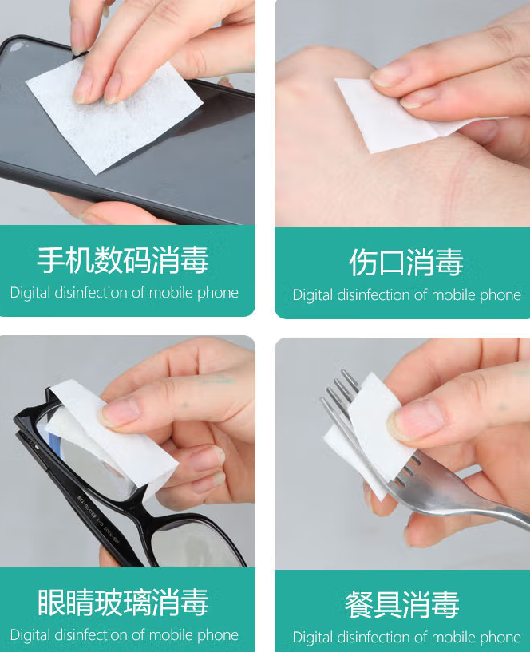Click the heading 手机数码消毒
tap(123, 260)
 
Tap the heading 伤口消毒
tap(406, 263)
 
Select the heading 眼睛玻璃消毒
tap(123, 603)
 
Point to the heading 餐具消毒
tap(402, 605)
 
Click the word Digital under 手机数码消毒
tap(30, 293)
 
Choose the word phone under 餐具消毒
tap(500, 637)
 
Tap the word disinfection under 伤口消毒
tap(379, 295)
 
